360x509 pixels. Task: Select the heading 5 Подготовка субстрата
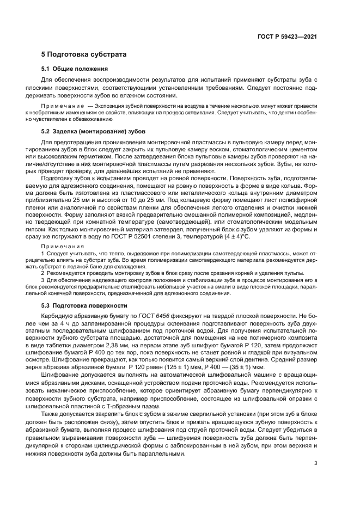coord(84,55)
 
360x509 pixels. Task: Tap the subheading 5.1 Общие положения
coord(74,69)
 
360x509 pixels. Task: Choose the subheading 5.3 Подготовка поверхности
coord(84,305)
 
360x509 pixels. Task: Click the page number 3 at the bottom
coord(316,464)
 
